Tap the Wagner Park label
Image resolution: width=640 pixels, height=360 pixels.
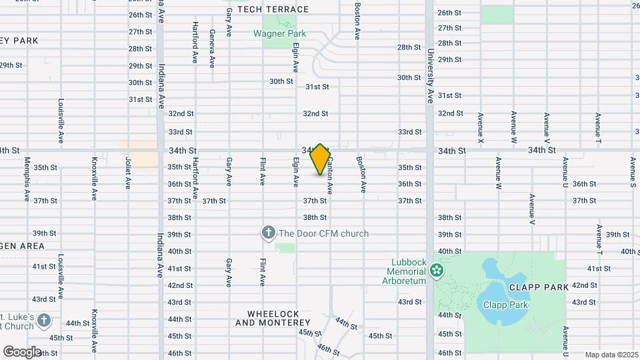[x=279, y=33]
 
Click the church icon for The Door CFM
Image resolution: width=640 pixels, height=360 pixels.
[x=268, y=233]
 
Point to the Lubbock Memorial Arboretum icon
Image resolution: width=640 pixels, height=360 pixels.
[x=436, y=271]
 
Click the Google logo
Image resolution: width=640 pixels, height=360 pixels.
[x=22, y=351]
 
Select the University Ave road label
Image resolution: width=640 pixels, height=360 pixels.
[x=431, y=75]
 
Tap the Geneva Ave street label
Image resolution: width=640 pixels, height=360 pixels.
[x=212, y=48]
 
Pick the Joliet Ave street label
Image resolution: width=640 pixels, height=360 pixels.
[x=127, y=173]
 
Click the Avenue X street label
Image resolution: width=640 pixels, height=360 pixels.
[x=480, y=128]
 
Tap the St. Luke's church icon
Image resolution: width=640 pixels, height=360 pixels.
[x=44, y=320]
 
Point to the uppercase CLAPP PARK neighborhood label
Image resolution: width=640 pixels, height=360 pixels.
[x=538, y=287]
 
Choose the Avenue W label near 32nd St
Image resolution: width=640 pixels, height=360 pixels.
[x=513, y=128]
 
